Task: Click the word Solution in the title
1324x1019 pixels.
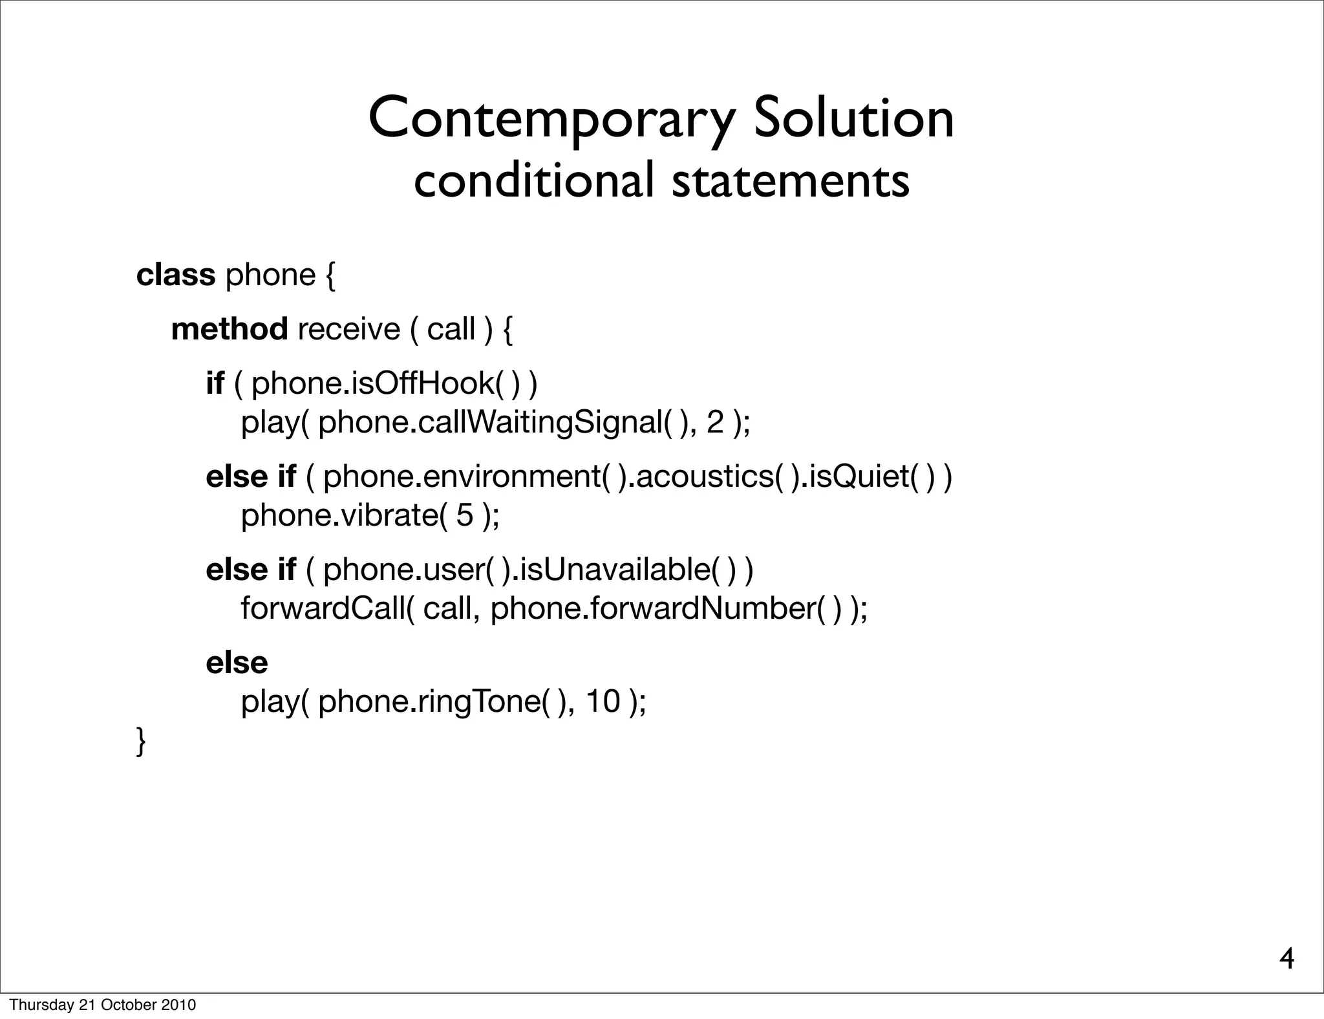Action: [853, 118]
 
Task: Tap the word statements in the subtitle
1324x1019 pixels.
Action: [790, 181]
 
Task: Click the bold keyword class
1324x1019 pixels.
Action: [175, 275]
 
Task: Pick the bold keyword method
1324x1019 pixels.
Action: [230, 329]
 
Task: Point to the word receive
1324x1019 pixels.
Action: [348, 329]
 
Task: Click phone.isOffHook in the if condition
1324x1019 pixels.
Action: [373, 383]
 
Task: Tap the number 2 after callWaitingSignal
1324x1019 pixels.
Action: [715, 423]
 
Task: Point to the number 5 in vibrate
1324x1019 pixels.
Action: [464, 515]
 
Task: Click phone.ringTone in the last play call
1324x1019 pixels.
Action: [429, 702]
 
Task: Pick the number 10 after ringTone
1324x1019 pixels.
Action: [603, 702]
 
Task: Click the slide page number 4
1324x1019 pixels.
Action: [1287, 960]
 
